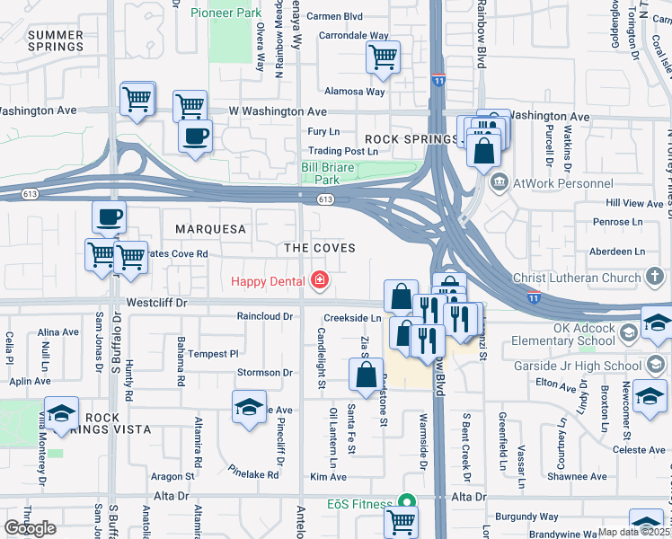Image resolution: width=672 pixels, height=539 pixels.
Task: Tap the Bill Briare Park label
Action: [x=333, y=172]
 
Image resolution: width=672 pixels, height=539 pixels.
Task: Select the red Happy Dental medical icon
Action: [x=319, y=281]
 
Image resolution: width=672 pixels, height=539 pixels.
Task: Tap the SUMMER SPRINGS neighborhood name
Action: [x=56, y=40]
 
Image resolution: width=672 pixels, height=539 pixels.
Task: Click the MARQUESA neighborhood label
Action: [x=210, y=229]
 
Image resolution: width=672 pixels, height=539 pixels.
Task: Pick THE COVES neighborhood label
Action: [x=320, y=247]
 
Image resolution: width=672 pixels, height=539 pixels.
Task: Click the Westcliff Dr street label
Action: [x=156, y=304]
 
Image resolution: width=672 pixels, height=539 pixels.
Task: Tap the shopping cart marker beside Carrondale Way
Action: [x=384, y=57]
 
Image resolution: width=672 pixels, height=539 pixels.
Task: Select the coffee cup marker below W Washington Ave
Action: [x=195, y=137]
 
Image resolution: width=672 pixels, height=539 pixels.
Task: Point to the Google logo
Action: [x=30, y=528]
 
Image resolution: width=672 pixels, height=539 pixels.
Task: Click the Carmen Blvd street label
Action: [x=334, y=16]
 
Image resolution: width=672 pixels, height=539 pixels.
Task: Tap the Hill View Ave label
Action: [x=633, y=204]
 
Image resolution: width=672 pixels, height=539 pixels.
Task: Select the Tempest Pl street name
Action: [x=212, y=354]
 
